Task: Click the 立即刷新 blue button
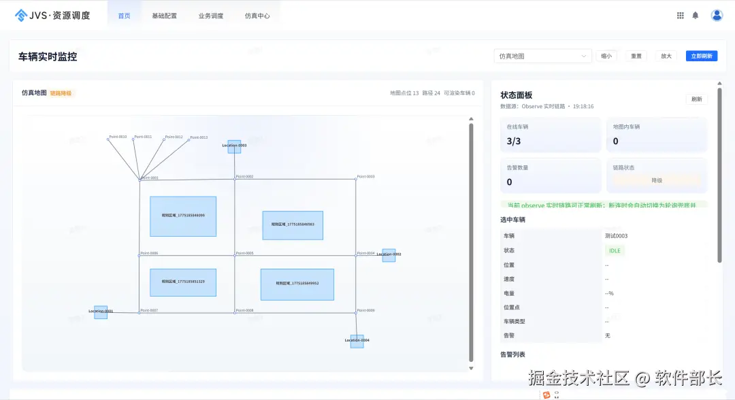(x=701, y=56)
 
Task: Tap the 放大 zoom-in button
(x=666, y=56)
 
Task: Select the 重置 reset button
(x=636, y=56)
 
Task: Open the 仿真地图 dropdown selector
(x=542, y=56)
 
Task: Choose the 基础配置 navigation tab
(x=164, y=16)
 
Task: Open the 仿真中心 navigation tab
(x=257, y=16)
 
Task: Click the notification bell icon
(x=695, y=15)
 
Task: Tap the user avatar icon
(x=717, y=15)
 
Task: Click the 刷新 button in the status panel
(x=696, y=99)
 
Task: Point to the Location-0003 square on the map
(x=234, y=146)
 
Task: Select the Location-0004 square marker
(x=357, y=341)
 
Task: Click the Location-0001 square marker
(x=101, y=312)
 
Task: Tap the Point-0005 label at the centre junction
(x=245, y=253)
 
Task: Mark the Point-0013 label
(x=199, y=137)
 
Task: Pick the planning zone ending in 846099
(x=183, y=216)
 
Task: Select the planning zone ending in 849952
(x=297, y=284)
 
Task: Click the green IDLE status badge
(x=615, y=250)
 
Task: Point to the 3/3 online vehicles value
(x=514, y=141)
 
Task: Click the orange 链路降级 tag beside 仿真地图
(x=61, y=93)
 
